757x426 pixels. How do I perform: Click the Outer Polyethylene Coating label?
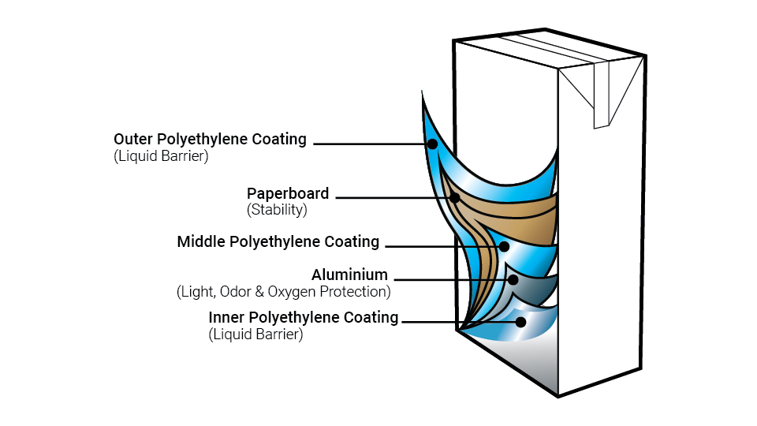tap(210, 139)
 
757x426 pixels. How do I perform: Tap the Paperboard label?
tap(288, 193)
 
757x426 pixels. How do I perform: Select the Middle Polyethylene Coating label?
tap(278, 241)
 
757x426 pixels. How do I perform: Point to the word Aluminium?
tap(349, 275)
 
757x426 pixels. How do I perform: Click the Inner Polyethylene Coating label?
tap(304, 317)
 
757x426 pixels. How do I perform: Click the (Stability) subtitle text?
tap(277, 210)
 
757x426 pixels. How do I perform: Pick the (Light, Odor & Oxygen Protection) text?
tap(284, 292)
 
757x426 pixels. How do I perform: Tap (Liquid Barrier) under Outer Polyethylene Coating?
tap(161, 156)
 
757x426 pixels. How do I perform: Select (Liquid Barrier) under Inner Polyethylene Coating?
tap(255, 334)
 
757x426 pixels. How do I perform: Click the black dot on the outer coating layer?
tap(431, 144)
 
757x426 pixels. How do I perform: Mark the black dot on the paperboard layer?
tap(455, 196)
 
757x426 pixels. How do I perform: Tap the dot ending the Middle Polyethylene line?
tap(505, 246)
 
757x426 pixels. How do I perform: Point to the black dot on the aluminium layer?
tap(513, 279)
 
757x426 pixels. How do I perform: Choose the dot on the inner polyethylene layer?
tap(520, 322)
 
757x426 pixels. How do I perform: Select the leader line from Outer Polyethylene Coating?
tap(371, 144)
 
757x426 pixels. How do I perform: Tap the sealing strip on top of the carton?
tap(552, 47)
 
